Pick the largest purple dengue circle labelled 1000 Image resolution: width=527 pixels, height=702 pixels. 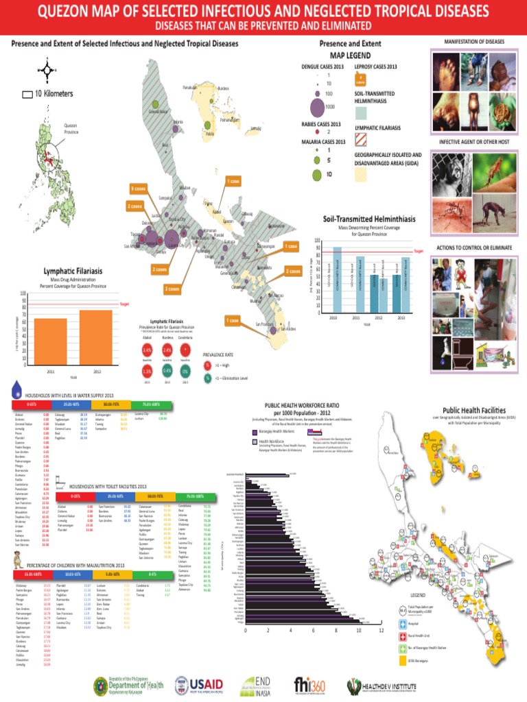[318, 107]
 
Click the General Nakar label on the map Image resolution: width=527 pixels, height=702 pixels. [160, 112]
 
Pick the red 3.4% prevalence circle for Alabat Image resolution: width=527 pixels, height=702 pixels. [146, 350]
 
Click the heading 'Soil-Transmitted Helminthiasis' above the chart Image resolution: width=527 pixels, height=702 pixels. [369, 218]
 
